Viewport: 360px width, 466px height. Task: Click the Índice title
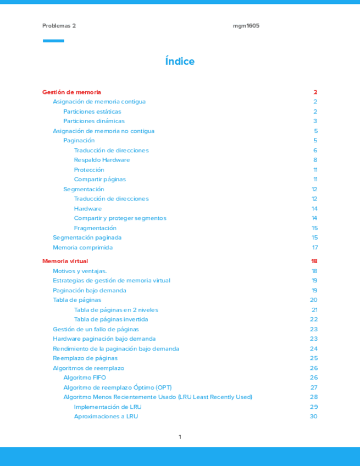180,62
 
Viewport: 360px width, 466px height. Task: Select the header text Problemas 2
59,26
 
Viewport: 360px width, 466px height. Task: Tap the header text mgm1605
246,26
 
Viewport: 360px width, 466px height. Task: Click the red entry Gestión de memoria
71,92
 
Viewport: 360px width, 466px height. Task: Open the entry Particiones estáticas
92,112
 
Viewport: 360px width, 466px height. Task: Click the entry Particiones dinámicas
94,121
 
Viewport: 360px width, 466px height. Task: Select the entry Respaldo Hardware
102,160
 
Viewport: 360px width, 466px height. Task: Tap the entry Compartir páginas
100,179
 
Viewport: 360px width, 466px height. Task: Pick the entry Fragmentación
95,228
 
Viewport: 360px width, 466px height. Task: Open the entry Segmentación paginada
87,237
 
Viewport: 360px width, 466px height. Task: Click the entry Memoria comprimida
82,247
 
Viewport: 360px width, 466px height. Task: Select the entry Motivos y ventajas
80,271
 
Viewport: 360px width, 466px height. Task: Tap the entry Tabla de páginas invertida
111,319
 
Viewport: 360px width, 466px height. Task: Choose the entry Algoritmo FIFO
85,378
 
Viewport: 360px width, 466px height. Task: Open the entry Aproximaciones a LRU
106,417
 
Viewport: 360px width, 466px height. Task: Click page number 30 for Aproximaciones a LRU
314,417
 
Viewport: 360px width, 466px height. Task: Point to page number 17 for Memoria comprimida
314,247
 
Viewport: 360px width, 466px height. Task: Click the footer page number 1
180,437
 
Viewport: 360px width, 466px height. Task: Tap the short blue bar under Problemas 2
53,41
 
